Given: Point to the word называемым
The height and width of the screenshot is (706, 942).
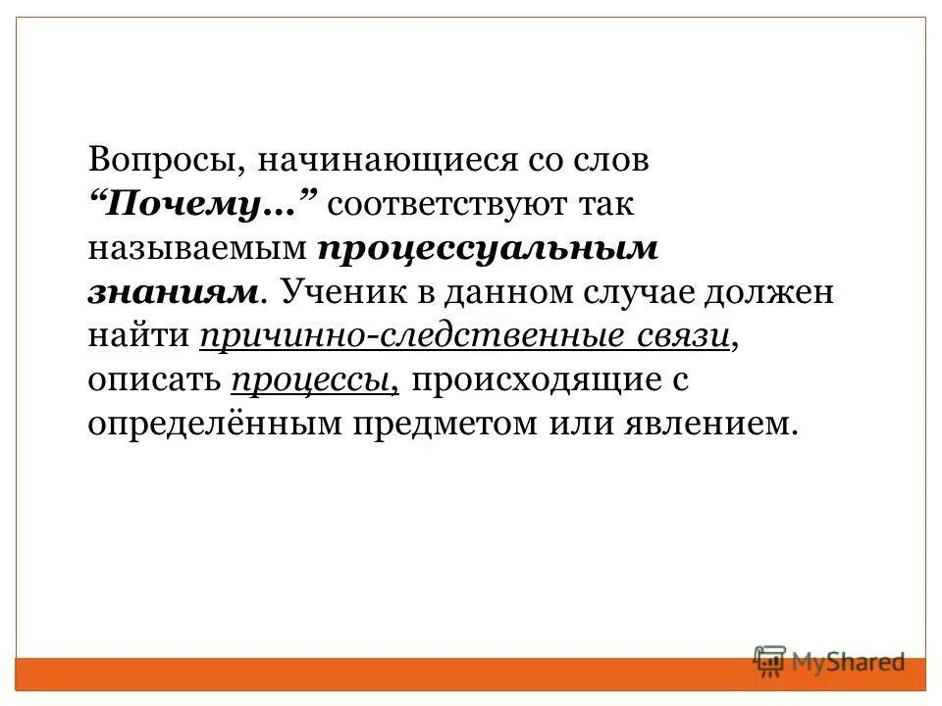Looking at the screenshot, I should pos(196,250).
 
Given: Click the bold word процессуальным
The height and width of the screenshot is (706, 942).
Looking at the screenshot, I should pos(487,250).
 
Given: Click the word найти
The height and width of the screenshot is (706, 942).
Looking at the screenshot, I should pos(137,336).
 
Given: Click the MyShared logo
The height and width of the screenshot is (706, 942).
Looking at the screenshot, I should pos(828,662).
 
